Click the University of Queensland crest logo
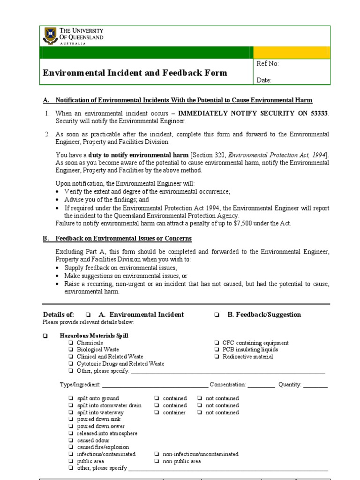click(50, 35)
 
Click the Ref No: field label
click(268, 64)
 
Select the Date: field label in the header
click(264, 80)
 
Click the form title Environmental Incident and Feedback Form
click(135, 73)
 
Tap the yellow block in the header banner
click(292, 52)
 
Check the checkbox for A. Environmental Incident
click(88, 315)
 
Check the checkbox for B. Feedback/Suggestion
click(217, 315)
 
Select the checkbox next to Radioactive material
click(217, 357)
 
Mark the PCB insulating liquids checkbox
click(217, 350)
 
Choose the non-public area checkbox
click(156, 461)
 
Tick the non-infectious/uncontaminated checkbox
click(156, 454)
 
